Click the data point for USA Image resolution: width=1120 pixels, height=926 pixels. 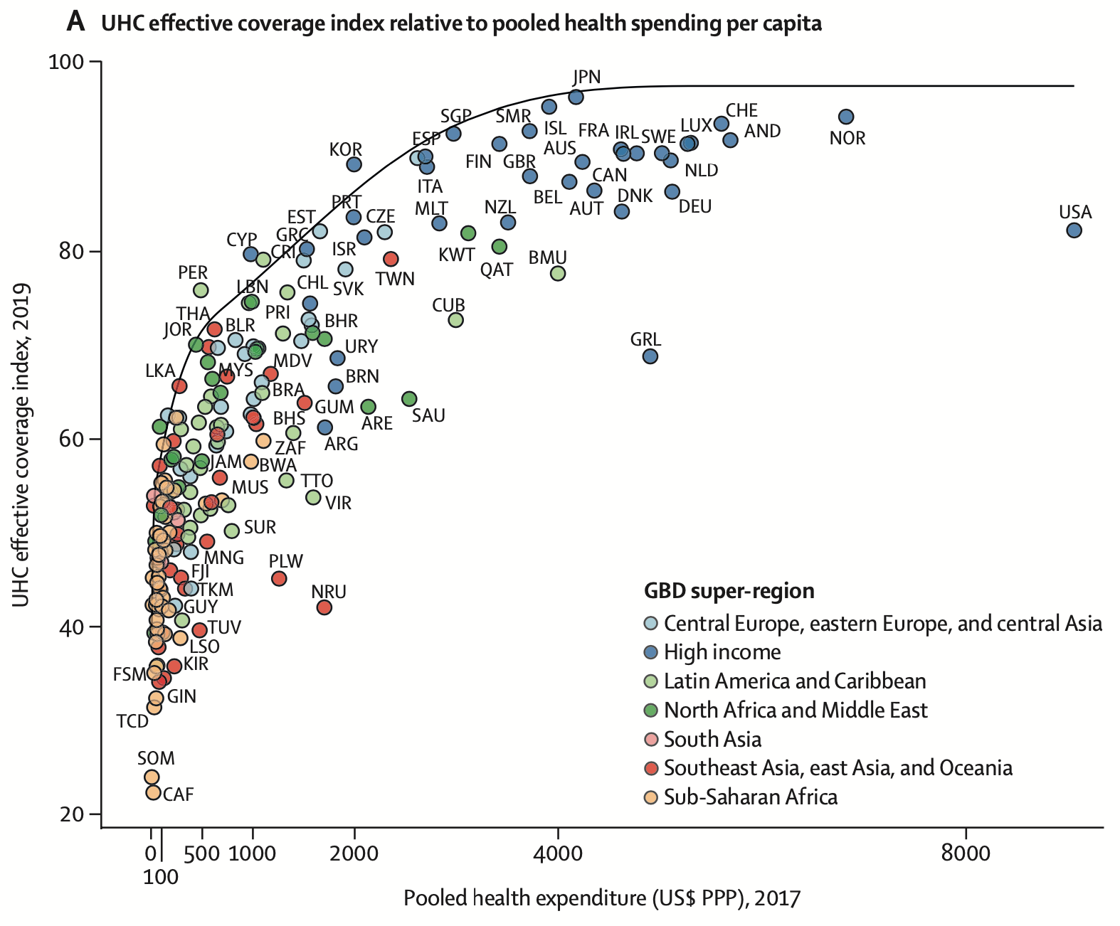tap(1074, 230)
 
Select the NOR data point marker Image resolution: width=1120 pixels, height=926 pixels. tap(846, 117)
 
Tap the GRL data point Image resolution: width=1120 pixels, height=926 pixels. tap(650, 356)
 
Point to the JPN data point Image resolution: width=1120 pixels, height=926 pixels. tap(576, 97)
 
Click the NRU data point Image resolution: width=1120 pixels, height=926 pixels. tap(324, 607)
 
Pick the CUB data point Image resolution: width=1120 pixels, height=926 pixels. tap(456, 320)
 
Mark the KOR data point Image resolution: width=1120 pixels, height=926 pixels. tap(354, 164)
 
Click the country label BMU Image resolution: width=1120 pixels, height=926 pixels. tap(547, 257)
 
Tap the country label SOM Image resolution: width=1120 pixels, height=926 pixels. tap(156, 758)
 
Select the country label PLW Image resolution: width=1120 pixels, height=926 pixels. tap(286, 561)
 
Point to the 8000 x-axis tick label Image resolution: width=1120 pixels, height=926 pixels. tap(966, 853)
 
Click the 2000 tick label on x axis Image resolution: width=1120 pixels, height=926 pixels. tap(354, 853)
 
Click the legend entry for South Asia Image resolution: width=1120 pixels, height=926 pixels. tap(712, 739)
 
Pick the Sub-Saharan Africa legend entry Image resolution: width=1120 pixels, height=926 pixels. tap(750, 797)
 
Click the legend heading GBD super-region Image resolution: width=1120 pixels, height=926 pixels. tap(729, 591)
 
